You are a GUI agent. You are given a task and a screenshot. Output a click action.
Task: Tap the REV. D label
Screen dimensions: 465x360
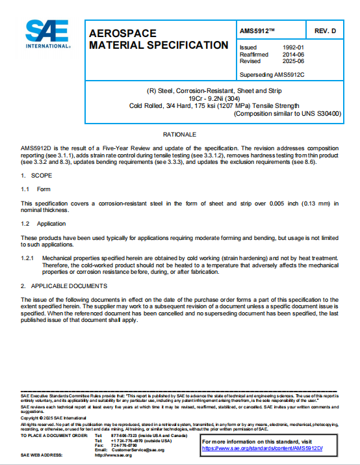tap(325, 31)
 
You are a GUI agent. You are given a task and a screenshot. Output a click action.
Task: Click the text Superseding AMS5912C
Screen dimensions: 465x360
tap(272, 75)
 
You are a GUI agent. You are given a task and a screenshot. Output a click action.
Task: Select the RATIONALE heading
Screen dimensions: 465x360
tap(179, 135)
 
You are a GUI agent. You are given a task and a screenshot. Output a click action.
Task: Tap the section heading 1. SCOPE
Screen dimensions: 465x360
tap(32, 176)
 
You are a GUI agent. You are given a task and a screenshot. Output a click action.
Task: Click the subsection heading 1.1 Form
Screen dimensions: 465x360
tap(35, 189)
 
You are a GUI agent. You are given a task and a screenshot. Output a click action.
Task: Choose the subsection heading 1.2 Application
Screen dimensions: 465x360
tap(42, 223)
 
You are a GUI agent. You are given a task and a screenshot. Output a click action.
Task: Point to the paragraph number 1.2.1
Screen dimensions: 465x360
tap(27, 258)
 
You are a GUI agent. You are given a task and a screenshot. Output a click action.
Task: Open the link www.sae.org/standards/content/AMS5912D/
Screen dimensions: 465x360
tap(262, 449)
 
